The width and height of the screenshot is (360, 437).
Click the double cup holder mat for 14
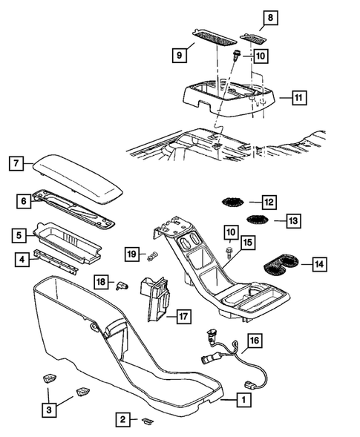[281, 262]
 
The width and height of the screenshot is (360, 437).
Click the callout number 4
[22, 260]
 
